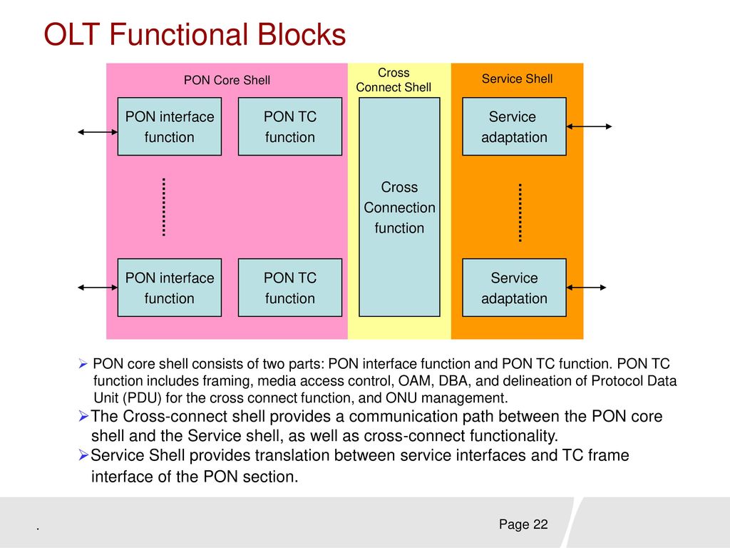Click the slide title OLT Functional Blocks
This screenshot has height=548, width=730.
click(195, 34)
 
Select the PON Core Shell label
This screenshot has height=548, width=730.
click(227, 80)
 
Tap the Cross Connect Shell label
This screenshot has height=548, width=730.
click(394, 80)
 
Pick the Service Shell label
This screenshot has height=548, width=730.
click(518, 78)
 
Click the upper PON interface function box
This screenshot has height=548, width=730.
click(170, 126)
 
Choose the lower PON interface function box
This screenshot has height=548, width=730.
click(170, 288)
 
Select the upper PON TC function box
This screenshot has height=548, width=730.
click(290, 126)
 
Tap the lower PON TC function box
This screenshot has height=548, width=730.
click(290, 288)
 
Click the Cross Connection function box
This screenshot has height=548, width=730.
click(399, 207)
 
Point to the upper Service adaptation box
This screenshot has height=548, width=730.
click(514, 126)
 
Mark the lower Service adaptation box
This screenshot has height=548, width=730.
click(514, 288)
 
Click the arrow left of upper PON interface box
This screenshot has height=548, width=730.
click(98, 132)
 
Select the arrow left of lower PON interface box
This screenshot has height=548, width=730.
click(98, 288)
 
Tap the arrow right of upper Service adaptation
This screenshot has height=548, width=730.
click(589, 126)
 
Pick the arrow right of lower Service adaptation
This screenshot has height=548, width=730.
click(586, 288)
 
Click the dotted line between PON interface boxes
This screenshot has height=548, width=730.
click(164, 207)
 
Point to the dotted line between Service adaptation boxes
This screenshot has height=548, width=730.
click(520, 213)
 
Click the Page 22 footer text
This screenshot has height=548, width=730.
click(523, 524)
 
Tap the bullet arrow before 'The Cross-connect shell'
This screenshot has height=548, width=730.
click(84, 416)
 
